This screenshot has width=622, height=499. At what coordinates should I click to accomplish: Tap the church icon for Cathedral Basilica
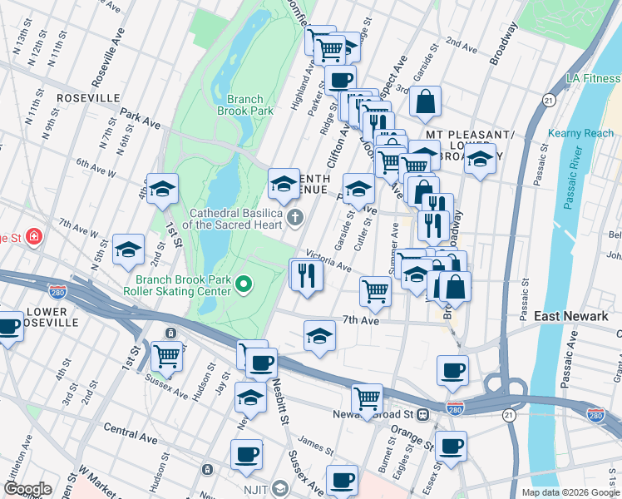point(295,219)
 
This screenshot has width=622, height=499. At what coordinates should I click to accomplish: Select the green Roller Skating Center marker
point(244,285)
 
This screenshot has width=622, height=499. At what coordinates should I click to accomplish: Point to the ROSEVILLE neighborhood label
point(88,97)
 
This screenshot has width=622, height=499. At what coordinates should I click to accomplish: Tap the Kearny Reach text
point(580,133)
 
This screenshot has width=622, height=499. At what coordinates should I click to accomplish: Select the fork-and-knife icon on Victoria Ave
point(306,274)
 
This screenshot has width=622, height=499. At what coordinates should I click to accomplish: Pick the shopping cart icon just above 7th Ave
point(376,292)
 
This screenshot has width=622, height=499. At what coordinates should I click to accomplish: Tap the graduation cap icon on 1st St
point(163,189)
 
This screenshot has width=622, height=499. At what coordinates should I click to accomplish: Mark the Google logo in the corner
point(27,489)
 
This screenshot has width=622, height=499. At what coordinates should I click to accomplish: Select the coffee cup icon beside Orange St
point(451,447)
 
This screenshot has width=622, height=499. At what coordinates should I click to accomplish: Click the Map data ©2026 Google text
point(570,492)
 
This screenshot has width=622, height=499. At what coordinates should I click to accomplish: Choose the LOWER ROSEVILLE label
point(52,318)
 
